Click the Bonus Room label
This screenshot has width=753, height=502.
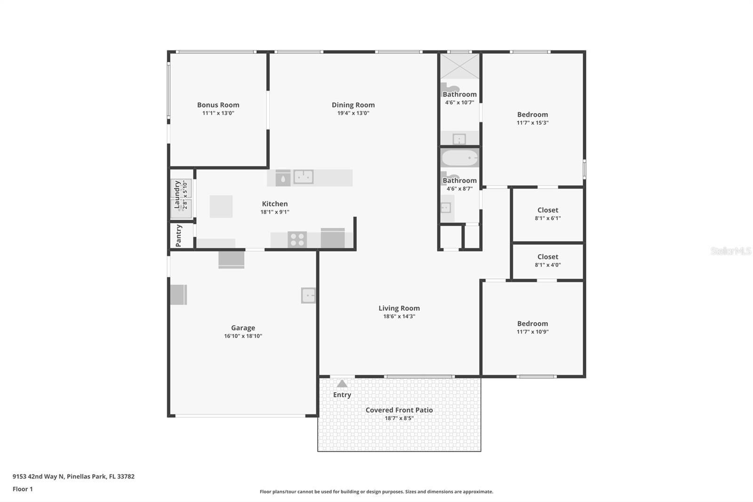point(218,105)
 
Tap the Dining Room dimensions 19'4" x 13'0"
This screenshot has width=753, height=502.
point(353,113)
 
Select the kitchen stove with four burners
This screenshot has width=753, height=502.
point(297,240)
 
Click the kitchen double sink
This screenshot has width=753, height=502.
point(304,177)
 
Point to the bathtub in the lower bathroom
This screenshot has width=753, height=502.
point(459,158)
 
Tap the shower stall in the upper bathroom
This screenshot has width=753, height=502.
point(459,66)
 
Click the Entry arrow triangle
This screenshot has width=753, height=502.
point(342,384)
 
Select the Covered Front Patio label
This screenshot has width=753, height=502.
point(399,410)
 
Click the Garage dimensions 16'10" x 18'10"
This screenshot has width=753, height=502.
point(243,336)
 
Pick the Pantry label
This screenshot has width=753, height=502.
point(178,235)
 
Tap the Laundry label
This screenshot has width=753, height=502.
point(177,194)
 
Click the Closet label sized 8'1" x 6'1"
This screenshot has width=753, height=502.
point(548,210)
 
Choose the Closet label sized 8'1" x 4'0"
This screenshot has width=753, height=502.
point(548,257)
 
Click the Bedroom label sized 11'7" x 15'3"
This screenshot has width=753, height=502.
point(532,115)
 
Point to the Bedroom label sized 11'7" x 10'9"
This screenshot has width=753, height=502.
point(532,324)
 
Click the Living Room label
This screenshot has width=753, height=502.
point(399,308)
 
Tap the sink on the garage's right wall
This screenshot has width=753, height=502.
point(308,296)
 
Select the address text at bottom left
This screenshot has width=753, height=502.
point(73,477)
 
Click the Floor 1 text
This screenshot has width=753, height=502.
point(23,489)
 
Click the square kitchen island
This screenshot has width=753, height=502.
point(221,206)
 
